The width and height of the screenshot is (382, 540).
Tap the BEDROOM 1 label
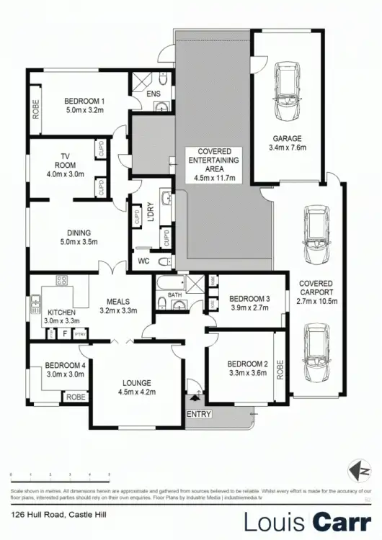(84, 101)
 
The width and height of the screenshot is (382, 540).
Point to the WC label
(143, 261)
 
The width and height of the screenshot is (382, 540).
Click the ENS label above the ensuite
(153, 94)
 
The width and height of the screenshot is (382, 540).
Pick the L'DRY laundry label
(151, 213)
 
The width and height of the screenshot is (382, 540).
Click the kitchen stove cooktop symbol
(61, 281)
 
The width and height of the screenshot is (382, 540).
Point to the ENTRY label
(199, 415)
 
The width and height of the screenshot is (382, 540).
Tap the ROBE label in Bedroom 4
(74, 397)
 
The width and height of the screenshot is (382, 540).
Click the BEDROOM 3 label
(249, 299)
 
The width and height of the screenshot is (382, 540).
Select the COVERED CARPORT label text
(316, 288)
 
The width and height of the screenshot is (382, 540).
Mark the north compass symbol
(353, 472)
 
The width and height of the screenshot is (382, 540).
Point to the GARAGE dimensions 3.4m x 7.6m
(286, 148)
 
